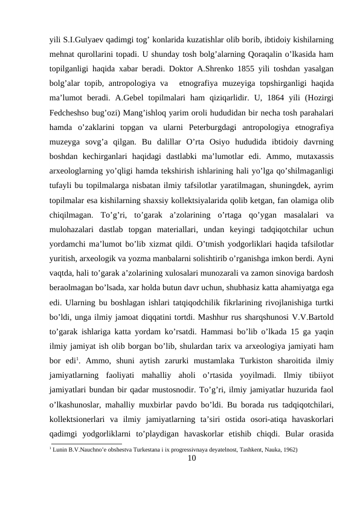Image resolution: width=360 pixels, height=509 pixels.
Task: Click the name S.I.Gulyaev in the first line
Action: pos(80,38)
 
